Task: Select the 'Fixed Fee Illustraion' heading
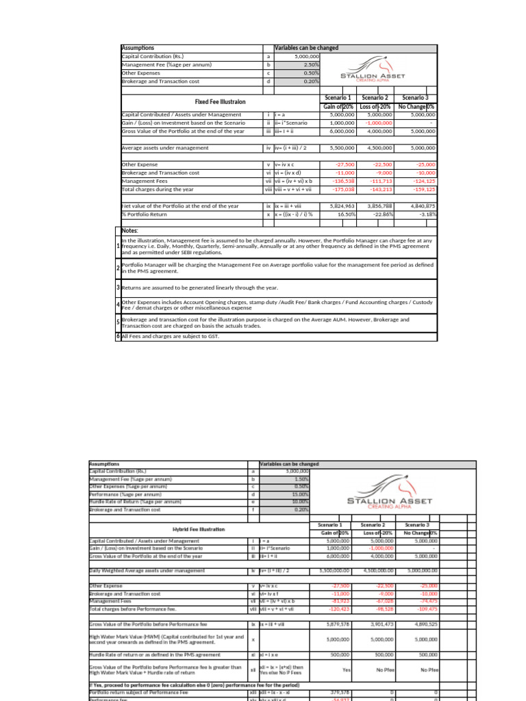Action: (220, 101)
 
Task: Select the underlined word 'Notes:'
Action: (129, 231)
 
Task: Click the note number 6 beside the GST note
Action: (118, 336)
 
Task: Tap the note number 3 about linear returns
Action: (118, 288)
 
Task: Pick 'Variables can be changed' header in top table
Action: (306, 48)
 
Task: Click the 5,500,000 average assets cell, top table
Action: (340, 147)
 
